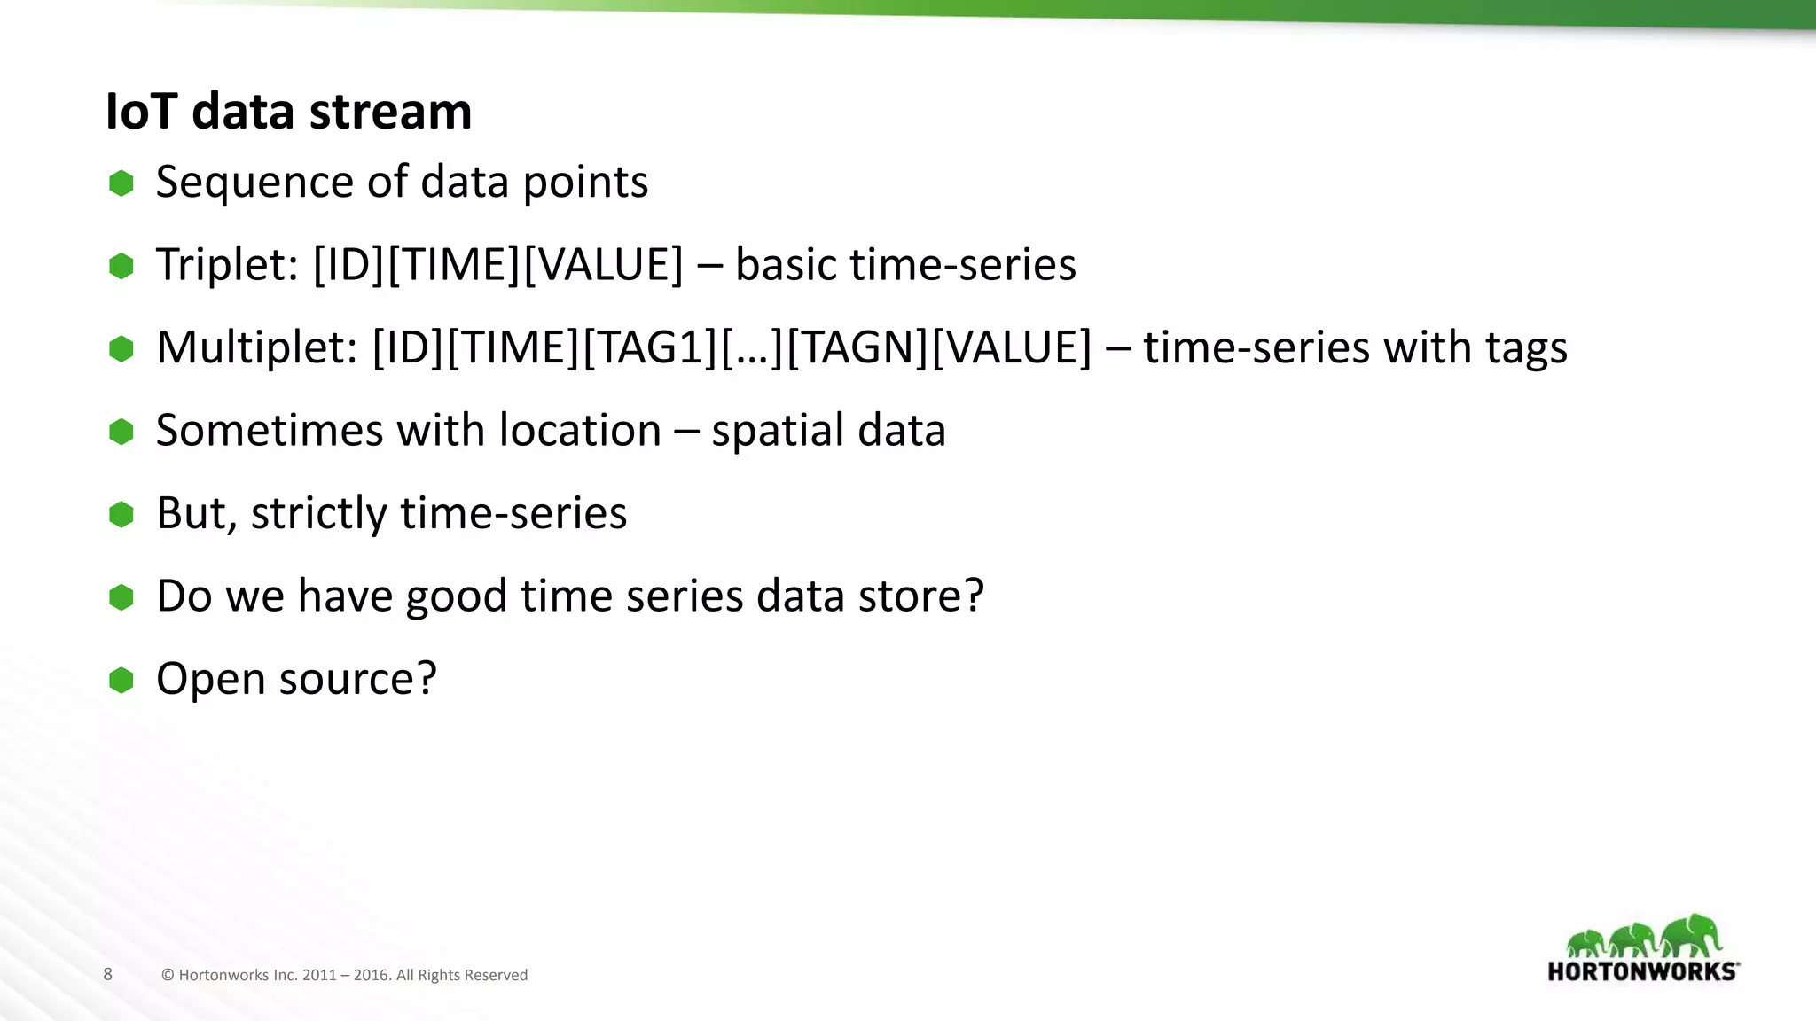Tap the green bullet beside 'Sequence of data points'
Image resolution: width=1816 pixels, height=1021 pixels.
[121, 183]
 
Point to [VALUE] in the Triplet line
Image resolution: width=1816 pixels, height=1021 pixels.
[604, 265]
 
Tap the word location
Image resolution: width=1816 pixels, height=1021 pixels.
[580, 431]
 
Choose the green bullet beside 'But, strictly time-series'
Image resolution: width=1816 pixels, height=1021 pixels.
[121, 514]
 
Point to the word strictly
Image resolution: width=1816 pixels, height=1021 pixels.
[318, 514]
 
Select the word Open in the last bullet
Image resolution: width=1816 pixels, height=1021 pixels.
[210, 681]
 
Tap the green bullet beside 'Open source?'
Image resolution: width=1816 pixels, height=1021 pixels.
[121, 680]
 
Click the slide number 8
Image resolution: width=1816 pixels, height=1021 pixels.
[108, 974]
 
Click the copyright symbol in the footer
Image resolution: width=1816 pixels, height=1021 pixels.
[168, 975]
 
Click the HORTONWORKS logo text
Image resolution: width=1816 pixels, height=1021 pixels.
[1641, 971]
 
